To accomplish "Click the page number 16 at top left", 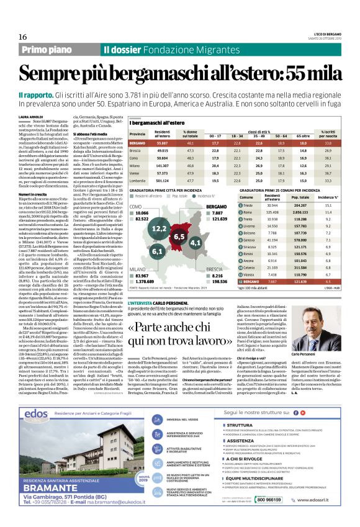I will [x=14, y=20].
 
